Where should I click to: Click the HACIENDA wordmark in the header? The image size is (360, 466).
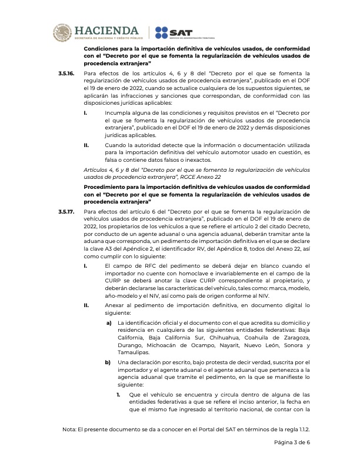click(x=107, y=30)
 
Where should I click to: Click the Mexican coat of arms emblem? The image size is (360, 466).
click(x=63, y=32)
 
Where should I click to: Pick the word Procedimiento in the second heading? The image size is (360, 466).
click(x=104, y=187)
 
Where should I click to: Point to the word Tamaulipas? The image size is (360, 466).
click(x=133, y=352)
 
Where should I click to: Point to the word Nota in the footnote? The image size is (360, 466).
click(x=69, y=430)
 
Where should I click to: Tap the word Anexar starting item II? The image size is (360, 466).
click(x=116, y=306)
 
